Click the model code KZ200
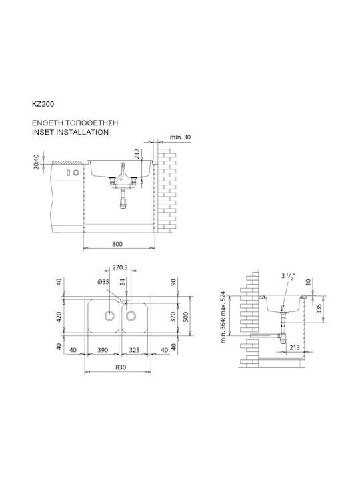pyautogui.click(x=43, y=104)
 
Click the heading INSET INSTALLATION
pyautogui.click(x=70, y=132)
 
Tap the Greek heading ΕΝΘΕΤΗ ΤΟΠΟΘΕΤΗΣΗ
pyautogui.click(x=75, y=123)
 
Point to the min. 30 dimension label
pyautogui.click(x=180, y=137)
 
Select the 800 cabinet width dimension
pyautogui.click(x=117, y=244)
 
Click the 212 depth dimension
pyautogui.click(x=137, y=154)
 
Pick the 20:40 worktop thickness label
pyautogui.click(x=36, y=161)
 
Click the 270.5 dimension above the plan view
pyautogui.click(x=120, y=267)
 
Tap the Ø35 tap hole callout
pyautogui.click(x=103, y=282)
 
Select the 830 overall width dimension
pyautogui.click(x=121, y=367)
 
